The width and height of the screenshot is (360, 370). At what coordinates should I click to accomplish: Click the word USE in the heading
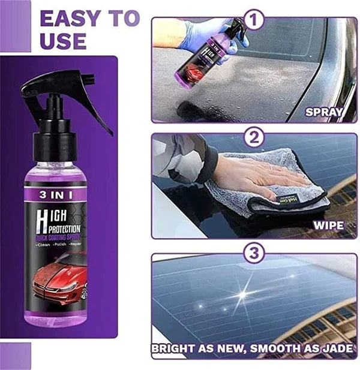[63, 41]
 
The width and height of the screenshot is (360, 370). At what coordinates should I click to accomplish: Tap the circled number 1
[257, 20]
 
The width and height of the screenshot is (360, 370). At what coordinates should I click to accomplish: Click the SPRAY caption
[325, 111]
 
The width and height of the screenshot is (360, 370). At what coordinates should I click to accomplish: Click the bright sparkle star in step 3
[243, 294]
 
